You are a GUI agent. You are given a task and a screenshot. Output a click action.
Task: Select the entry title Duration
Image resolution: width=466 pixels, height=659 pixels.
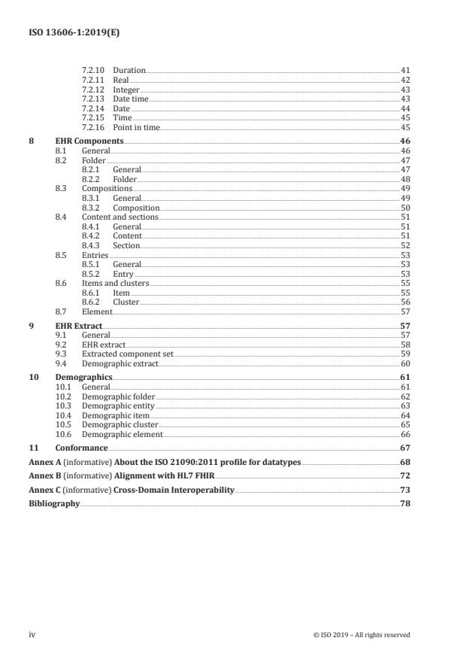pyautogui.click(x=129, y=71)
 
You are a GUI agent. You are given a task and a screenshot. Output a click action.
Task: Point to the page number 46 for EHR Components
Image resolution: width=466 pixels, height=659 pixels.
pyautogui.click(x=404, y=141)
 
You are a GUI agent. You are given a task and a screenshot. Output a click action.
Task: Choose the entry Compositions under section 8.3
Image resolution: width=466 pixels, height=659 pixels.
pyautogui.click(x=107, y=189)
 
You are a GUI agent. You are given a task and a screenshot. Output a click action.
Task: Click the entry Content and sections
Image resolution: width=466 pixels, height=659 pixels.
pyautogui.click(x=120, y=217)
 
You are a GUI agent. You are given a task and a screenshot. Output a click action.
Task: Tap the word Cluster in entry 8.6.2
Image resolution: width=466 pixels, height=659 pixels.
pyautogui.click(x=126, y=302)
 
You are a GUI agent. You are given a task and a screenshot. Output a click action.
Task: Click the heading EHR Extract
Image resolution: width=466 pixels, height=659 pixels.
pyautogui.click(x=79, y=326)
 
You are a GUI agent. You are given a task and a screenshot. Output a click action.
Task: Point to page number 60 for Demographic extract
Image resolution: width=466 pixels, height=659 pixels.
pyautogui.click(x=404, y=363)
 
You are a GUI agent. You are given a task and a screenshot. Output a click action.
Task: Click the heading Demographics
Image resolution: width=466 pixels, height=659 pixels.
pyautogui.click(x=83, y=377)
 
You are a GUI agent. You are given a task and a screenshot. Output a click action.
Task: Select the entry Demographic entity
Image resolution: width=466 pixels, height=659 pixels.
pyautogui.click(x=118, y=405)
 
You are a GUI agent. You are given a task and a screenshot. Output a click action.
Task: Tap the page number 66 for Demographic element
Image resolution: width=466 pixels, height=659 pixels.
pyautogui.click(x=404, y=434)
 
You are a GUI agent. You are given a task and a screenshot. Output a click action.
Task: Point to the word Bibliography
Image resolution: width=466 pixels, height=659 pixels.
pyautogui.click(x=54, y=504)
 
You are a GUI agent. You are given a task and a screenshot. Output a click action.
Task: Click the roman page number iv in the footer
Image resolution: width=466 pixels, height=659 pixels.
pyautogui.click(x=32, y=635)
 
